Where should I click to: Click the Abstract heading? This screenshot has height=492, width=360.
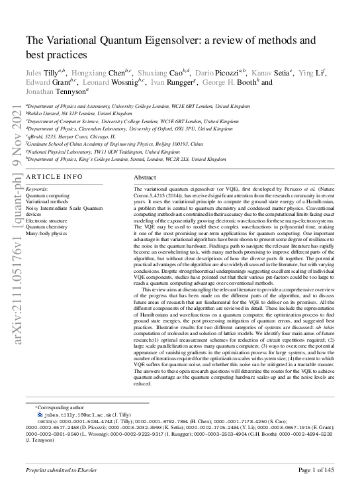coord(144,178)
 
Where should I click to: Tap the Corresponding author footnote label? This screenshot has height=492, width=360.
coord(60,408)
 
